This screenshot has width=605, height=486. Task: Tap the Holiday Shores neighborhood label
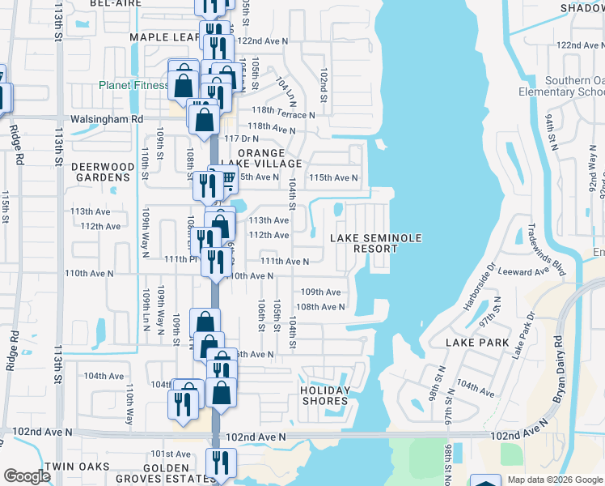(x=325, y=395)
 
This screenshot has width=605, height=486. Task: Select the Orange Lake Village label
(x=260, y=158)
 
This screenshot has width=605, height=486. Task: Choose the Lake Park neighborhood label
(x=477, y=343)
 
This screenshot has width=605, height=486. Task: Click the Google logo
(x=27, y=475)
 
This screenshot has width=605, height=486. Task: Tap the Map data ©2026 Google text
(x=553, y=480)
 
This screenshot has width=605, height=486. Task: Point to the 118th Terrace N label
(x=283, y=114)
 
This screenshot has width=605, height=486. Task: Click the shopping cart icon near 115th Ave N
(x=227, y=177)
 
